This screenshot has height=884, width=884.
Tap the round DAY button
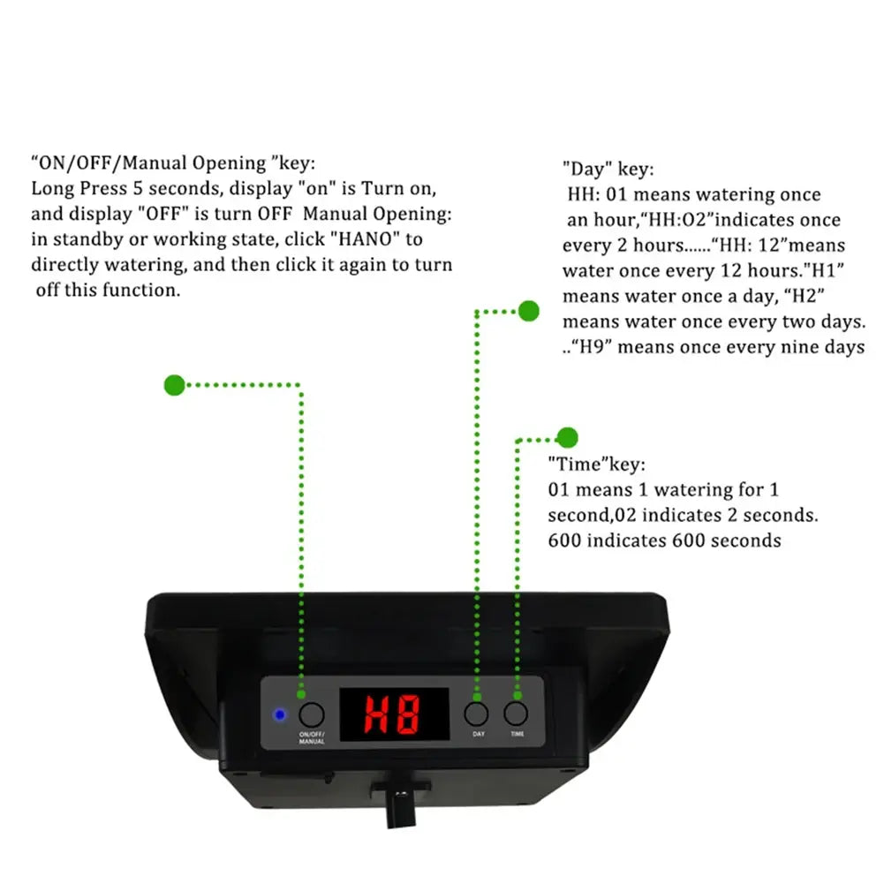(x=477, y=714)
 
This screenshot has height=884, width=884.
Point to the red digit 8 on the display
(x=408, y=714)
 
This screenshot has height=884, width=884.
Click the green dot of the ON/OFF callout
(x=175, y=385)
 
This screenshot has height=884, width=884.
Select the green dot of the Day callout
(x=528, y=311)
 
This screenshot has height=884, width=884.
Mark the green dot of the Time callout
(x=567, y=437)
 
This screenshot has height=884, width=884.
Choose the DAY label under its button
(x=478, y=735)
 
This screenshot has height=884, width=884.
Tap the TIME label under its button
(x=517, y=735)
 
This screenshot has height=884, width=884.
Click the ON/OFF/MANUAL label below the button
(x=311, y=738)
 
